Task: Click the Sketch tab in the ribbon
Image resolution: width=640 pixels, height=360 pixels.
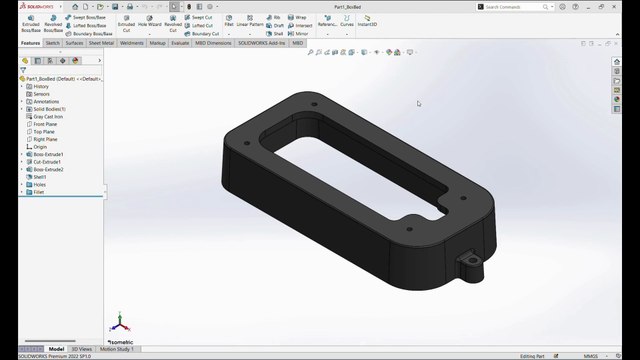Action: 53,43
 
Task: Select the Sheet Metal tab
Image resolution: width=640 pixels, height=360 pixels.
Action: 101,43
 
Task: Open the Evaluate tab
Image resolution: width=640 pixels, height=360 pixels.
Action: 180,43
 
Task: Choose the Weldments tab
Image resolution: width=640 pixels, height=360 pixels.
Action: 132,43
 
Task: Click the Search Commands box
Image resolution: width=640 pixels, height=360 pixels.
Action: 515,6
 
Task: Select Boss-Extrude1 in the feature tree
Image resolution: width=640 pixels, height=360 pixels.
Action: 48,155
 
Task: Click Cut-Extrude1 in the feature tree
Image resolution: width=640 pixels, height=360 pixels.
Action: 48,162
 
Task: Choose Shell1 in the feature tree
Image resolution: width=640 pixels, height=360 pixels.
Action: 41,177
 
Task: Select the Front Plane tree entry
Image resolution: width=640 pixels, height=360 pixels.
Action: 46,124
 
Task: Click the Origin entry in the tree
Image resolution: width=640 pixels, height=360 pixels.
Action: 40,147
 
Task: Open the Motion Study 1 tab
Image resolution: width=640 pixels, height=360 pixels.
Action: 117,349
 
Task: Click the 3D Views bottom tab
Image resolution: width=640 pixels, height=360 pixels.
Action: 82,349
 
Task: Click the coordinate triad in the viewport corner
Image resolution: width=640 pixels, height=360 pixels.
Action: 119,323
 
